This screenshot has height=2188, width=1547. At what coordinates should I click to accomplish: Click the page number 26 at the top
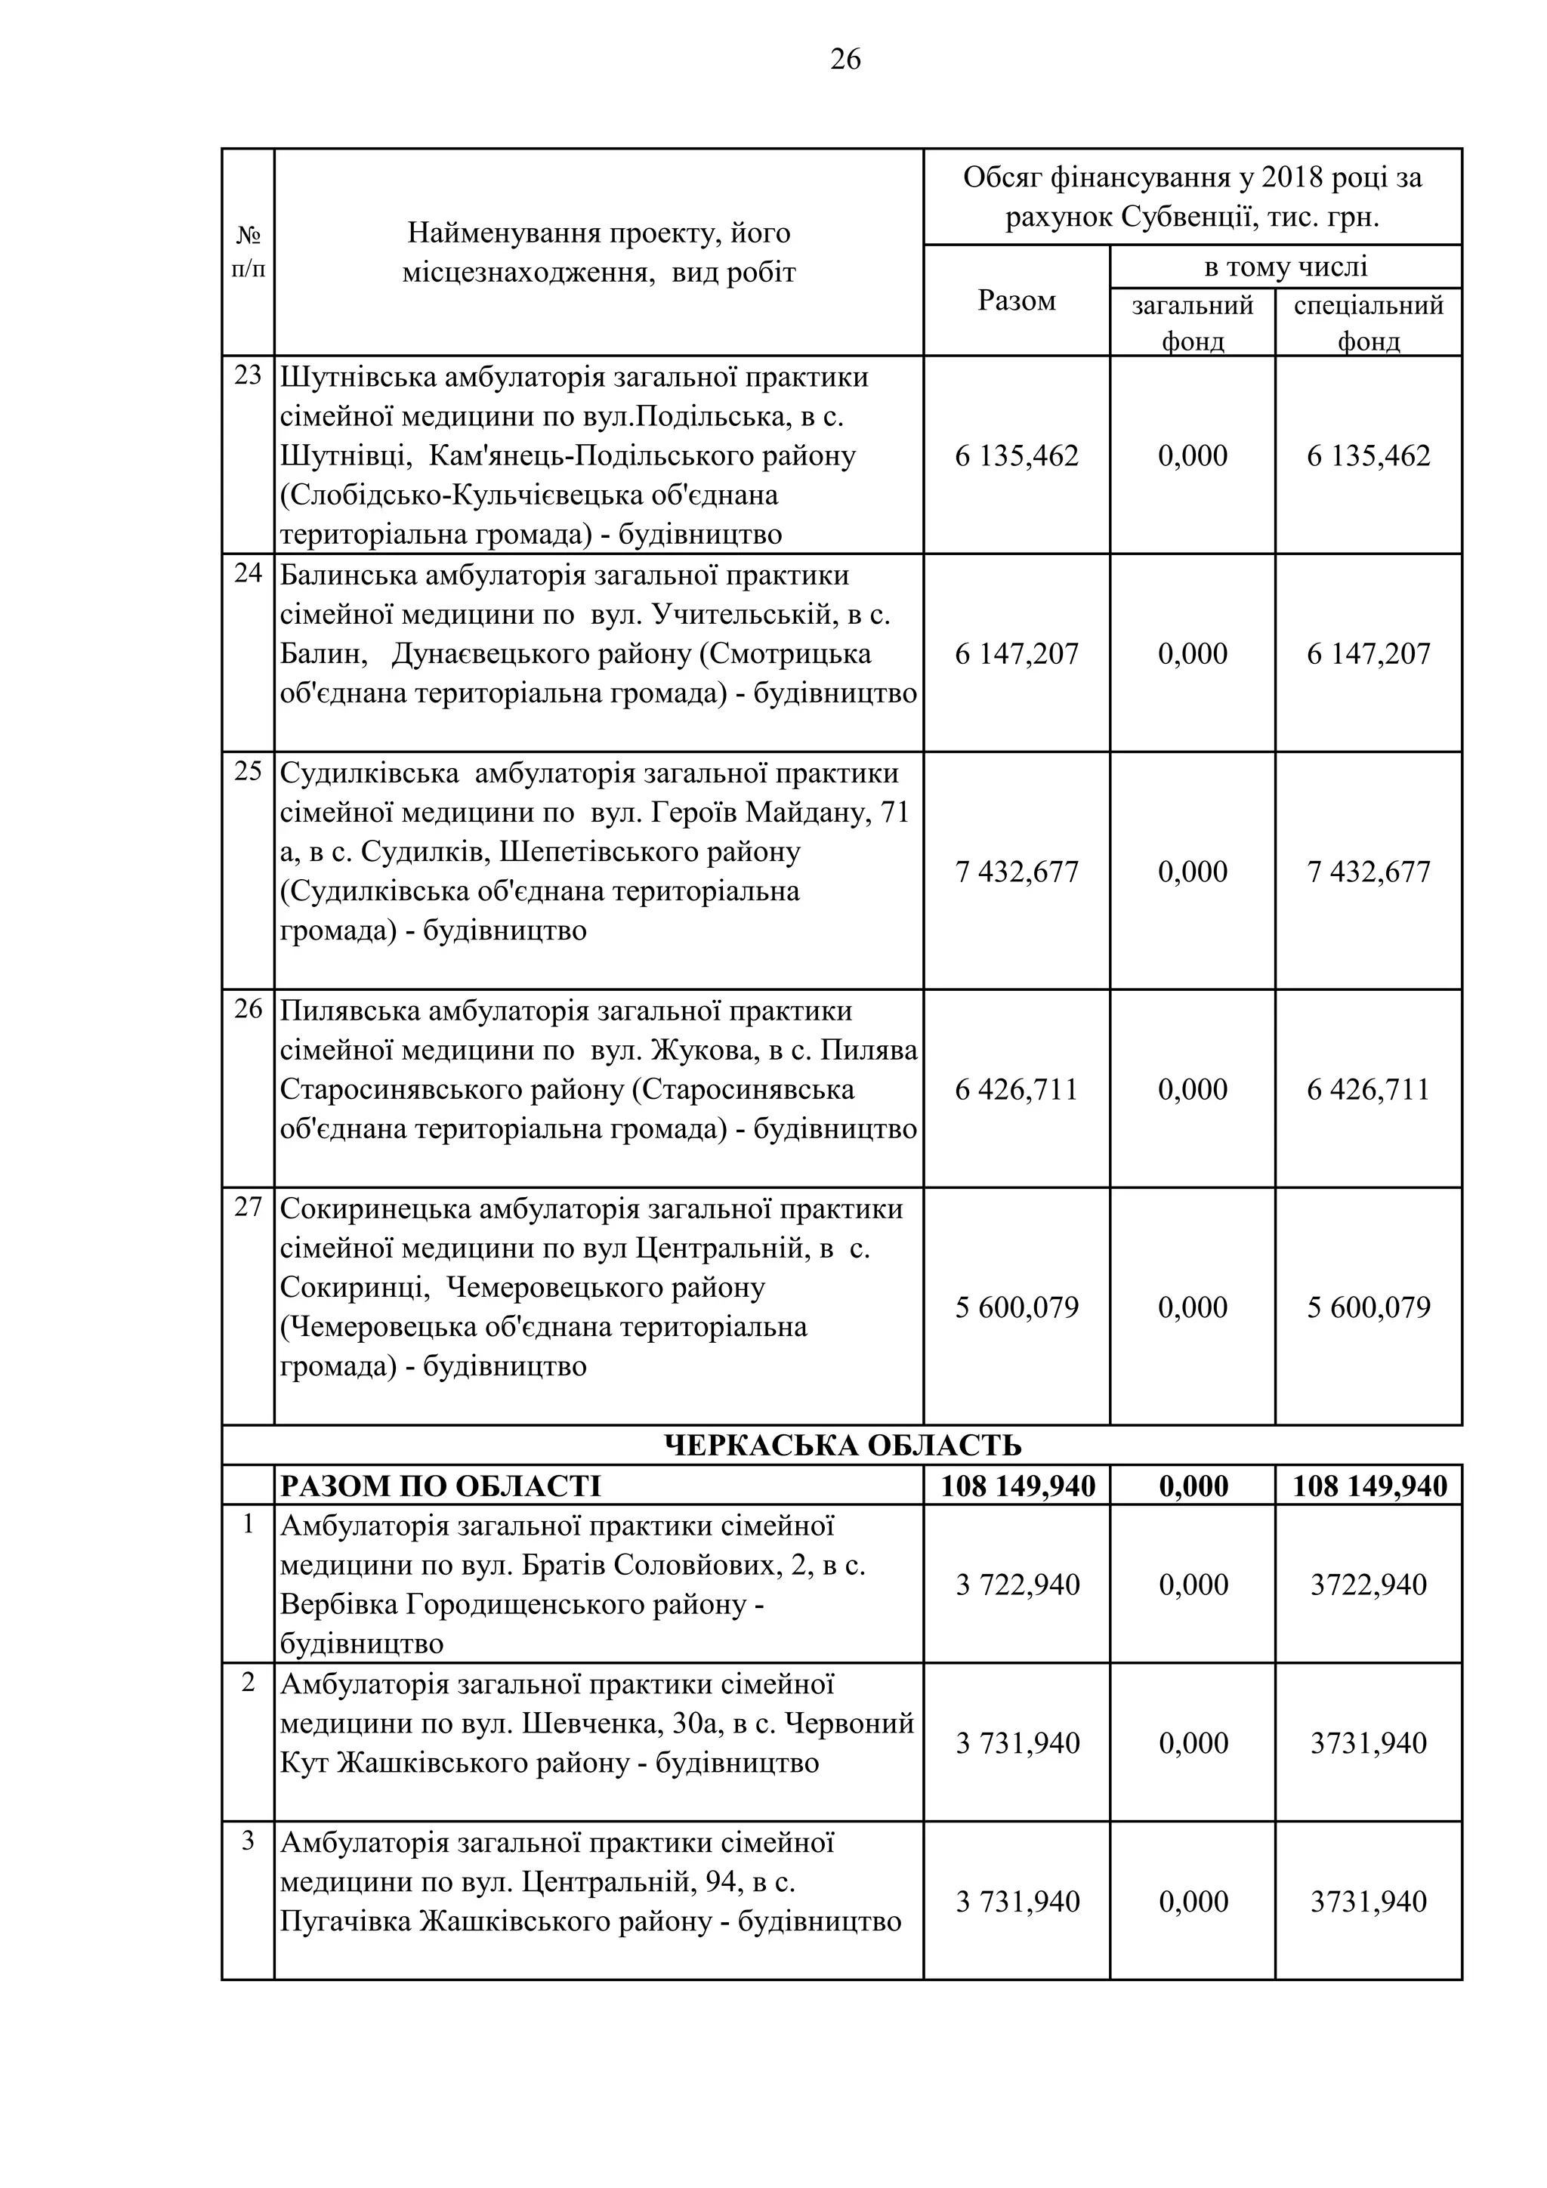[x=845, y=60]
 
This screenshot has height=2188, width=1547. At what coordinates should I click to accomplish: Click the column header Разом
[x=1016, y=301]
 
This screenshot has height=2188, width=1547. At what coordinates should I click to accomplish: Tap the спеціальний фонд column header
[x=1368, y=323]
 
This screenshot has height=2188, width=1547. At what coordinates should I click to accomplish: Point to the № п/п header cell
[x=248, y=252]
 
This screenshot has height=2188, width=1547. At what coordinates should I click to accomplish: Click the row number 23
[x=248, y=375]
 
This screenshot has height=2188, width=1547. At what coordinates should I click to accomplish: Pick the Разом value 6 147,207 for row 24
[x=1016, y=654]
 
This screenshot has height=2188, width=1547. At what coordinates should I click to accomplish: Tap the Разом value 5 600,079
[x=1016, y=1307]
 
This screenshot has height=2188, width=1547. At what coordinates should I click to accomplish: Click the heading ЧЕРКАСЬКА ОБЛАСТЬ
[x=841, y=1446]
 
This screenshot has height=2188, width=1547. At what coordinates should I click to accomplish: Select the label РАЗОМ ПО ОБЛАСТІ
[x=440, y=1486]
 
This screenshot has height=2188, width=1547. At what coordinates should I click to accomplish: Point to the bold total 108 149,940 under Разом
[x=1017, y=1486]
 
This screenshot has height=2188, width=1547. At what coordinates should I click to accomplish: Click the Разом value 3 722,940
[x=1017, y=1585]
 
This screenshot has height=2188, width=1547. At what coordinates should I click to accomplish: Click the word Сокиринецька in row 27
[x=375, y=1209]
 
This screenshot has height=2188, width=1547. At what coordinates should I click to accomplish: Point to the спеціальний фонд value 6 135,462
[x=1368, y=455]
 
